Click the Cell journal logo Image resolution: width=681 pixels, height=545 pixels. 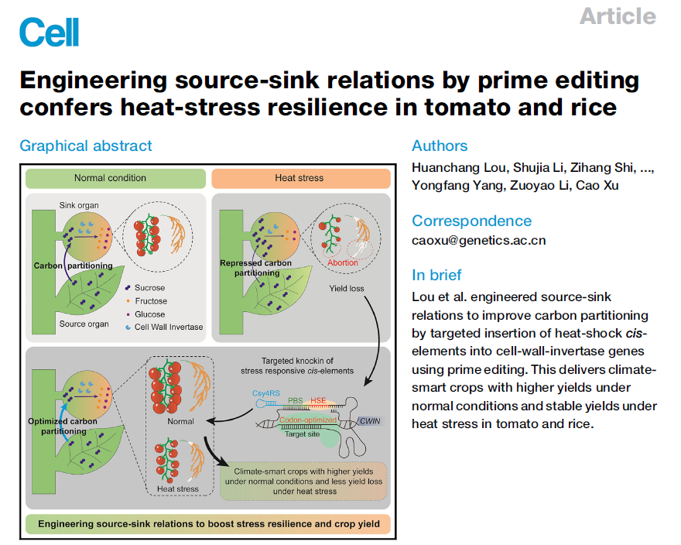pyautogui.click(x=49, y=32)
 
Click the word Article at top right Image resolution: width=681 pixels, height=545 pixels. pyautogui.click(x=618, y=15)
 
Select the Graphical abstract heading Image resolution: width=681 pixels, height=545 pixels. pyautogui.click(x=86, y=146)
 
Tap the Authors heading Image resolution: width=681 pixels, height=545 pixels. pyautogui.click(x=440, y=146)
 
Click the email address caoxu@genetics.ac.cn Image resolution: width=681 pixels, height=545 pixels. pyautogui.click(x=478, y=240)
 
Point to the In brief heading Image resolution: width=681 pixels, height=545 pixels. pyautogui.click(x=436, y=275)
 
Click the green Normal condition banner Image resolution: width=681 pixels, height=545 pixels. pyautogui.click(x=110, y=178)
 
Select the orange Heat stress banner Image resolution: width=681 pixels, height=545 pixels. pyautogui.click(x=299, y=178)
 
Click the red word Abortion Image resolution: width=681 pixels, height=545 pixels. pyautogui.click(x=343, y=262)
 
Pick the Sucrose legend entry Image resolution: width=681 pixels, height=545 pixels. pyautogui.click(x=149, y=287)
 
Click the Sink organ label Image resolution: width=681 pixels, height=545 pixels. pyautogui.click(x=78, y=206)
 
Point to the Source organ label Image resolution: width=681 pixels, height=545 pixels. pyautogui.click(x=84, y=324)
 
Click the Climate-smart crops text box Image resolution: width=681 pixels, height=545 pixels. pyautogui.click(x=303, y=481)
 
